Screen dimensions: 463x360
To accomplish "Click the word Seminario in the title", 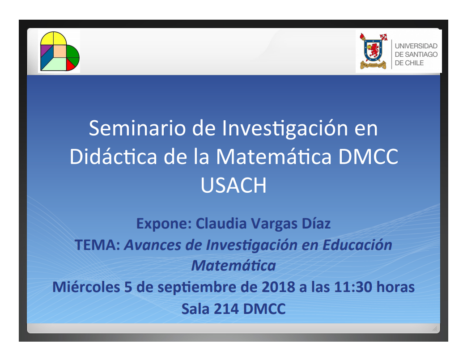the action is pos(137,128).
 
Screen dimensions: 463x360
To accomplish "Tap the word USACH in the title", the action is pos(233,185).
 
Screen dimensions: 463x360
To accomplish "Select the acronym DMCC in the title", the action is pos(368,157).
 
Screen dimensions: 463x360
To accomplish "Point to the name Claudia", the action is pos(221,223).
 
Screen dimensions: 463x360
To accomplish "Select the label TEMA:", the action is pos(98,245).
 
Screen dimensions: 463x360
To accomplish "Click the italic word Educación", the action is pos(357,245).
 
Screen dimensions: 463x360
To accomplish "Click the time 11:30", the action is pos(353,287).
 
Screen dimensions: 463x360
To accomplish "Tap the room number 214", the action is pos(226,309).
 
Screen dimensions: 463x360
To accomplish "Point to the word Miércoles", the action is pos(86,287).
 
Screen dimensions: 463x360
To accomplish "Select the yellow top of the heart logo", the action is pos(53,38).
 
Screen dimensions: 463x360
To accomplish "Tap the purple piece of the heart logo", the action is pos(45,50).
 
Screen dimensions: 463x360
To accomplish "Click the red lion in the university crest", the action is pos(374,50).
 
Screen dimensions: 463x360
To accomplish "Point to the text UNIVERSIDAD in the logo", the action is pos(416,46).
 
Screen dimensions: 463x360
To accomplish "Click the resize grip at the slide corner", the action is pos(435,328).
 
